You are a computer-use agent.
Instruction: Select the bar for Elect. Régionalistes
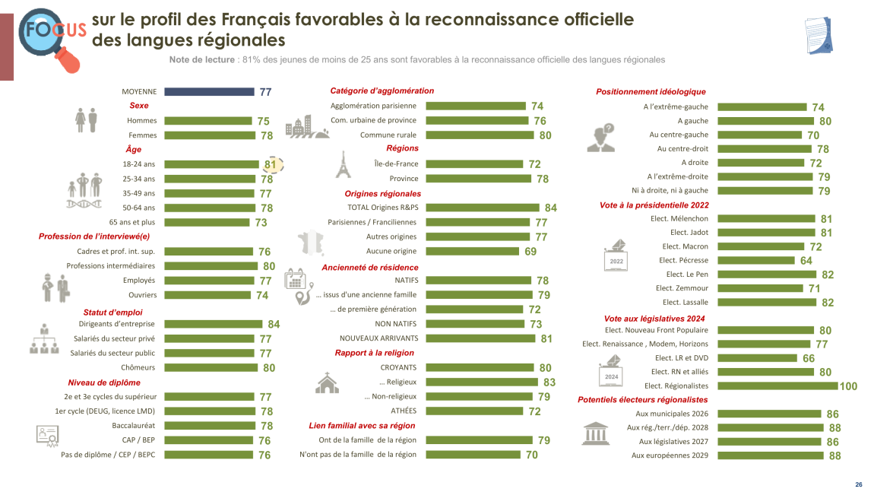pos(777,386)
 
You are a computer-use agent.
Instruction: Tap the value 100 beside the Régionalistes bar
pos(848,386)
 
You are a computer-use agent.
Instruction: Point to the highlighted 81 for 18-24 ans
pos(271,164)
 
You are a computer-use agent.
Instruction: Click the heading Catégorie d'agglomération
pos(382,90)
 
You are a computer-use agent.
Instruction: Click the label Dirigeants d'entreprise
pos(116,324)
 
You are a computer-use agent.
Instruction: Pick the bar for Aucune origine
pos(472,251)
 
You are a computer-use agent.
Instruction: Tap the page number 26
pos(858,484)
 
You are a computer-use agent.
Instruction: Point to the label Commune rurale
pos(388,135)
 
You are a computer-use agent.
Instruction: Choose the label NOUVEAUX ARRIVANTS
pos(378,338)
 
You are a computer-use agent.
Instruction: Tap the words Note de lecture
pos(202,59)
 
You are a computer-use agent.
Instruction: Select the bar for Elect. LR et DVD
pos(757,358)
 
